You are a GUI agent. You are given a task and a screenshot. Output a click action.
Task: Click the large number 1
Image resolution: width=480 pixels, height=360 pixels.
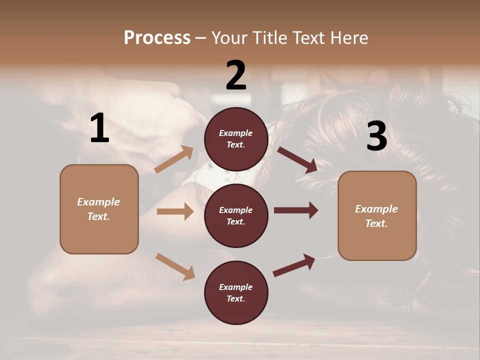click(99, 128)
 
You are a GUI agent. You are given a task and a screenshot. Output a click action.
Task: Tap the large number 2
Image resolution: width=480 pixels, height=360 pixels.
click(236, 75)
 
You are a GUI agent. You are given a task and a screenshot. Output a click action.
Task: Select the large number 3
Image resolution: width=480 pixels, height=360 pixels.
click(376, 136)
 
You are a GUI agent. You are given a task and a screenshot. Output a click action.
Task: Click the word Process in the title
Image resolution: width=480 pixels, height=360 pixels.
click(157, 37)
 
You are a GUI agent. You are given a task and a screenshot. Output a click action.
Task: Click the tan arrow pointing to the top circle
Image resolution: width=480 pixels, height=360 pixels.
click(174, 159)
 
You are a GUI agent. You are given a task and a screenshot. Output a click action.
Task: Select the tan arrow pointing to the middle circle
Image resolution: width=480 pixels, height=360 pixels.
click(175, 211)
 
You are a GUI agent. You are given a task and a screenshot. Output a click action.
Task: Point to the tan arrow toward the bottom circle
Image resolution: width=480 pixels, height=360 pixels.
click(175, 266)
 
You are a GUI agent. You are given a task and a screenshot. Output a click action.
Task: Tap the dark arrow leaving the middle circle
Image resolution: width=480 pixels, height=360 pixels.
click(296, 210)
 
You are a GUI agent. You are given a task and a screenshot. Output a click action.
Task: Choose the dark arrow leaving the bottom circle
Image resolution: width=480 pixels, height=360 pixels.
click(294, 265)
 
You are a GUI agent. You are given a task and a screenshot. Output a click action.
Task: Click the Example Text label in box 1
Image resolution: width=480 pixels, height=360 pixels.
click(98, 209)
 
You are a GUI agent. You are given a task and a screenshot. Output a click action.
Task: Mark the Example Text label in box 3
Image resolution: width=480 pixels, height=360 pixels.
click(376, 216)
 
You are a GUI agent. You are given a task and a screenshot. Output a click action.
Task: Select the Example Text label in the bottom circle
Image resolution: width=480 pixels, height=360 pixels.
click(236, 292)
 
